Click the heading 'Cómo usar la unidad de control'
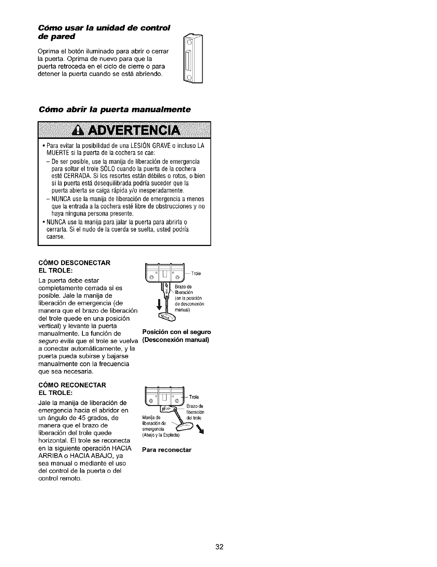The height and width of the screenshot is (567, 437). click(x=104, y=28)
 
